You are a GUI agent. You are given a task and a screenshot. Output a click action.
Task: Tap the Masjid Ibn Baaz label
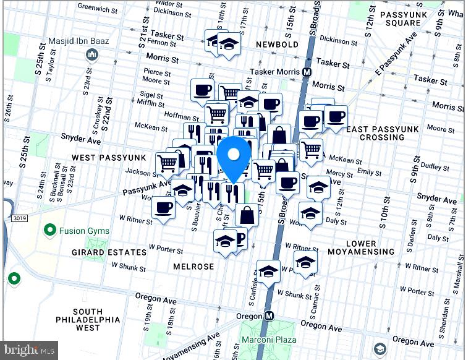(78, 41)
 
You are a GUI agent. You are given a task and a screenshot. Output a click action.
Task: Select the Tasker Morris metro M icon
(307, 72)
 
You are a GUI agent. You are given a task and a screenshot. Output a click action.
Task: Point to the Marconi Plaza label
(268, 340)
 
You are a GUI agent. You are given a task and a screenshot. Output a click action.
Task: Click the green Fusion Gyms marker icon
(51, 231)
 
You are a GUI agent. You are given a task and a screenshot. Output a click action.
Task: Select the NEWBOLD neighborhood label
(277, 45)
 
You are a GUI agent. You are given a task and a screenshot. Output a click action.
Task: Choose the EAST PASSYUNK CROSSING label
(382, 133)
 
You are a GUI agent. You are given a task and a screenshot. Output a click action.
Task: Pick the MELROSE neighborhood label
(193, 267)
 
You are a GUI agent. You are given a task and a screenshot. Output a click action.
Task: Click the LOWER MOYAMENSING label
(370, 247)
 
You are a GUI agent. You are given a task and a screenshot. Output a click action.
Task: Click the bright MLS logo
(30, 350)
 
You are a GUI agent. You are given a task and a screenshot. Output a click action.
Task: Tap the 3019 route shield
(19, 218)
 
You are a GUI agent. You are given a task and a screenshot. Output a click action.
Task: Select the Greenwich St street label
(98, 9)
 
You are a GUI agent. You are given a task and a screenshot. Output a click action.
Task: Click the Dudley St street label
(436, 167)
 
